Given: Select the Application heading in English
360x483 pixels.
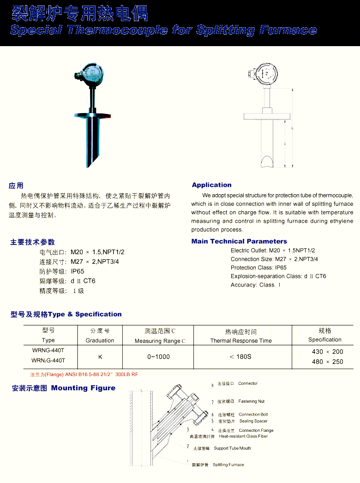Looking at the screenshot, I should coord(211,185).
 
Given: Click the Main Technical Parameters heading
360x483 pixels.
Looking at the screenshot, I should coord(239,241).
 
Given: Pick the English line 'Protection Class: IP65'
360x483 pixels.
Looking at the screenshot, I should coord(258,268).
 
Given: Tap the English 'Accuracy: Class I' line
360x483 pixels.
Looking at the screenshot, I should coord(255,285).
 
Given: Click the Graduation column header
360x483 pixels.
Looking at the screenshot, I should coord(100,340).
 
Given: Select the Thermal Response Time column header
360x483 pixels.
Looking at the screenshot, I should coord(241,341).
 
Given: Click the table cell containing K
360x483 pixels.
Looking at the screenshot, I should coord(100,357).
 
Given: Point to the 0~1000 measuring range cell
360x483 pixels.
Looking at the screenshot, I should coord(159,357).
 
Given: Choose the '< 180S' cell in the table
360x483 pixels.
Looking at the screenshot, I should coord(240,357).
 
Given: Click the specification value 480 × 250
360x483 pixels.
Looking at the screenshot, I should coord(328,362).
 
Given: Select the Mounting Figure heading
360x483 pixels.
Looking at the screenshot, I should coord(83,388).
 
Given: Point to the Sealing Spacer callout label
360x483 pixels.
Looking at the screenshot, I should coord(253,421).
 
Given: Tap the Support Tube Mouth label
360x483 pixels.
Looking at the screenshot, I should coord(232,448).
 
